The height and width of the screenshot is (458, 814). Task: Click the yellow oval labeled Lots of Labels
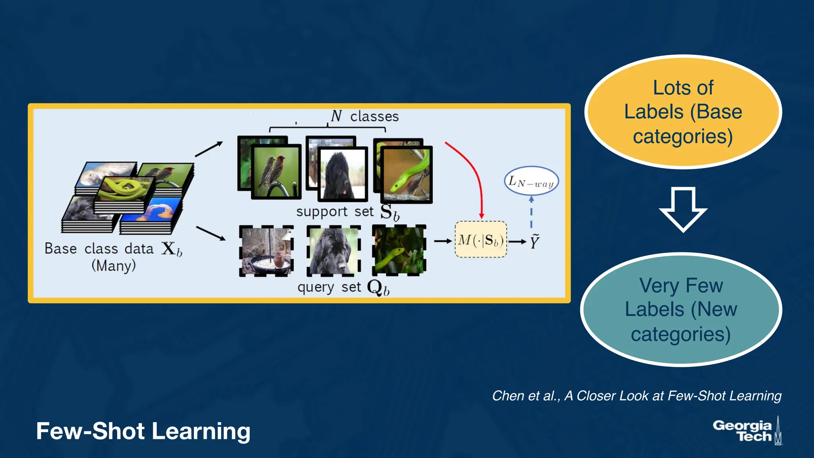pyautogui.click(x=683, y=112)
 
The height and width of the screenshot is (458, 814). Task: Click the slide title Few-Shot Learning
pyautogui.click(x=143, y=431)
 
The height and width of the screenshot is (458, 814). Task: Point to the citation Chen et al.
pyautogui.click(x=636, y=396)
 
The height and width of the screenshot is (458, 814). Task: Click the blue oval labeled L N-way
pyautogui.click(x=531, y=181)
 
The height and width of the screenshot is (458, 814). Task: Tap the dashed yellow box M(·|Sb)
pyautogui.click(x=481, y=240)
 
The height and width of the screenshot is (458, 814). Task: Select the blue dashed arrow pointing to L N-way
pyautogui.click(x=531, y=213)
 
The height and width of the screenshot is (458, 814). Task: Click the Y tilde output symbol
pyautogui.click(x=535, y=241)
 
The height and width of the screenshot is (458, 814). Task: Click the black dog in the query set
pyautogui.click(x=334, y=250)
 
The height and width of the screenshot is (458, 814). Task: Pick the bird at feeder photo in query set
pyautogui.click(x=266, y=250)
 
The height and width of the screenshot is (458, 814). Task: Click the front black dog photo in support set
pyautogui.click(x=343, y=174)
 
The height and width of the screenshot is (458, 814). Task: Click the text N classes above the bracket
pyautogui.click(x=364, y=116)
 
